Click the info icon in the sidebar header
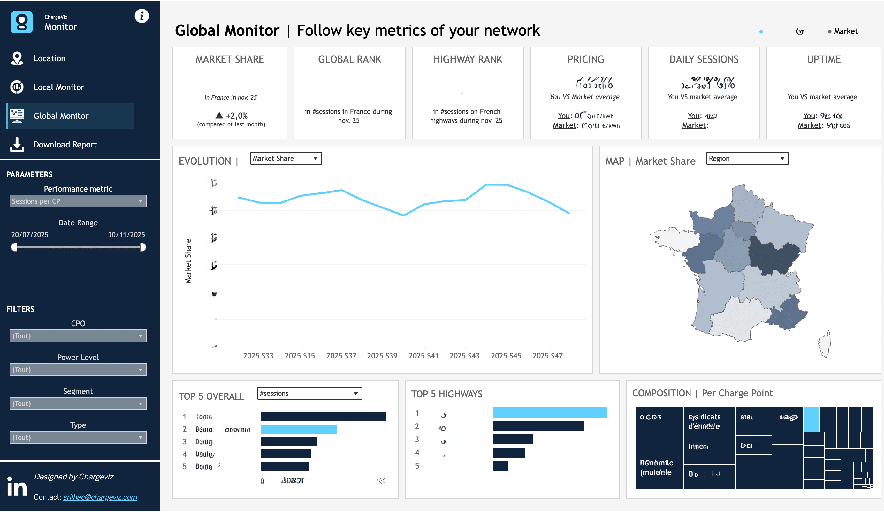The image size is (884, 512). [x=142, y=16]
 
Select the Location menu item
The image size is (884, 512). [x=50, y=58]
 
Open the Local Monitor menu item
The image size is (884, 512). [x=58, y=87]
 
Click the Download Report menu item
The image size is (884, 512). [x=65, y=145]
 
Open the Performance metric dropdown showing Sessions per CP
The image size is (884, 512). [x=78, y=201]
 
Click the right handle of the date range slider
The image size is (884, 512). [x=143, y=247]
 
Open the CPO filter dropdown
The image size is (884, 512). [x=78, y=336]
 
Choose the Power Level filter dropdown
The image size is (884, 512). [x=78, y=370]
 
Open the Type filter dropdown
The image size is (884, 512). [x=78, y=437]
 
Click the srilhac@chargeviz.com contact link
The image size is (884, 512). [x=100, y=497]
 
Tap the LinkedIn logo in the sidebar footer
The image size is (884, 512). [x=17, y=486]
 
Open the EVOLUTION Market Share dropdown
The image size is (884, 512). [x=286, y=159]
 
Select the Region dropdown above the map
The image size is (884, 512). [x=747, y=159]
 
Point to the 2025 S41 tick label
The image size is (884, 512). [x=423, y=356]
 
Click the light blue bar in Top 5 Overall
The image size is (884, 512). [x=299, y=429]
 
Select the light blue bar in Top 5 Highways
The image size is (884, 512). [x=550, y=412]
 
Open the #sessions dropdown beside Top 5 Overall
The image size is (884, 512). [x=309, y=394]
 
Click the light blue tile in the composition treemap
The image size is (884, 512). [x=812, y=419]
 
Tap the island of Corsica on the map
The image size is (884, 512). [x=825, y=344]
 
